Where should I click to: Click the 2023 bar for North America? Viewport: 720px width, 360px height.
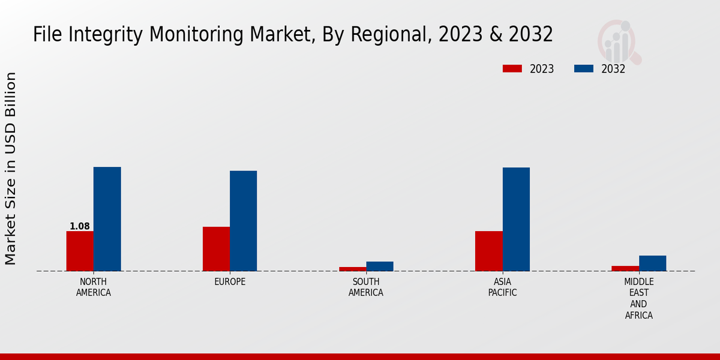tap(80, 251)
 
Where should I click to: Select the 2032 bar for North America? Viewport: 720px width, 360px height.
tap(107, 219)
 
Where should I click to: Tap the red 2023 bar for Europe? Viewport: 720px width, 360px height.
tap(216, 248)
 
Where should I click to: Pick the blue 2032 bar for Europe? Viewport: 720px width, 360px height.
tap(243, 221)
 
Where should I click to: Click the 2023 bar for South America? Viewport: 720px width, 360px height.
tap(352, 269)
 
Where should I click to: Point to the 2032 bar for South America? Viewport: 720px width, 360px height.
tap(380, 266)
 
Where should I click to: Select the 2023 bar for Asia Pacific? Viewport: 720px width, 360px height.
tap(488, 251)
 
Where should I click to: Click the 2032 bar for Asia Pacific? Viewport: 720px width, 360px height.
tap(516, 219)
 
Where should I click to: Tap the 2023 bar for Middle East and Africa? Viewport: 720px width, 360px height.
tap(625, 268)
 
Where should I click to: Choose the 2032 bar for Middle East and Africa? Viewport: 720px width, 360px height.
tap(652, 263)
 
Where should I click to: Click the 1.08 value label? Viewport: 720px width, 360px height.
tap(80, 226)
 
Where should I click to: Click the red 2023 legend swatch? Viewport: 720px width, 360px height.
tap(512, 69)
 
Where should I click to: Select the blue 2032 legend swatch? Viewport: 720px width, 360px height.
tap(583, 69)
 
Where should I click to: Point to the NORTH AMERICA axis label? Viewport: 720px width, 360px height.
tap(94, 287)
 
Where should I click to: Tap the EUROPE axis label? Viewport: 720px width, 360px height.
tap(230, 282)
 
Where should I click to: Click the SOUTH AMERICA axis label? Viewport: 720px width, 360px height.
tap(366, 287)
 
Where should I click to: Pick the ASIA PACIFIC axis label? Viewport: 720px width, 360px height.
tap(502, 287)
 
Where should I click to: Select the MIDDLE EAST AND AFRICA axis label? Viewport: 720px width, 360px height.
tap(639, 298)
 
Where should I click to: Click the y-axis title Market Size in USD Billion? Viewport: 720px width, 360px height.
tap(11, 168)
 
